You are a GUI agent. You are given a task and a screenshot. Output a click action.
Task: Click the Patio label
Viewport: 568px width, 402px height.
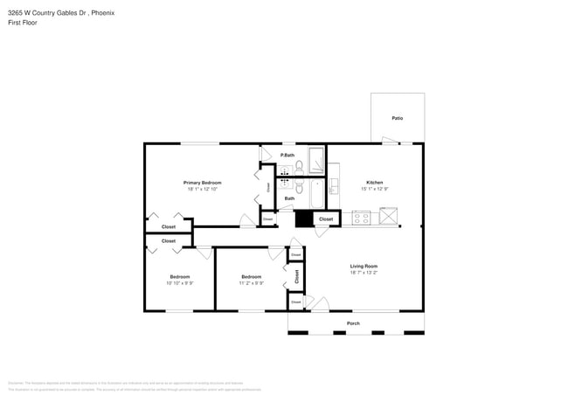[x=397, y=118]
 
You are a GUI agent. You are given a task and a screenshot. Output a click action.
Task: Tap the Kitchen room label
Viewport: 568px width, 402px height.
[x=374, y=183]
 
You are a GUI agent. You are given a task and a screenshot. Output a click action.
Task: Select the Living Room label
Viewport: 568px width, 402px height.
[x=364, y=266]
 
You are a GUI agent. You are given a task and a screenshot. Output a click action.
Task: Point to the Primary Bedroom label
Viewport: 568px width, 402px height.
[x=202, y=183]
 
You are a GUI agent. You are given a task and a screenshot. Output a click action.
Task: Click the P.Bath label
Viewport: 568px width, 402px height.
[x=287, y=155]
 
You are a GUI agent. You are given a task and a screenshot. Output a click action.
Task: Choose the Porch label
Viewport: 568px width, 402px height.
[x=353, y=323]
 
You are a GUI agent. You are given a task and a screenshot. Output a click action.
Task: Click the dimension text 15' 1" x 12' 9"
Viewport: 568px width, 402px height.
[x=374, y=189]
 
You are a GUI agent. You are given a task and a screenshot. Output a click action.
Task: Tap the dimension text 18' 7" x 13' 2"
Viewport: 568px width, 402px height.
[x=364, y=273]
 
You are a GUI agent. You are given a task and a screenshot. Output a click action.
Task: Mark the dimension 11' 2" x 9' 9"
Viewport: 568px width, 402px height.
[x=252, y=283]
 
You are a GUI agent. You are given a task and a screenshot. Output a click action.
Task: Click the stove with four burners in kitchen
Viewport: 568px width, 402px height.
[x=362, y=218]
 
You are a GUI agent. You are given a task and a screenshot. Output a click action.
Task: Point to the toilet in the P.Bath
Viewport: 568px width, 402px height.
[x=299, y=166]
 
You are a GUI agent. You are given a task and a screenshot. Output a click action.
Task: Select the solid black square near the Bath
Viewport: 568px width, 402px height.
[x=304, y=218]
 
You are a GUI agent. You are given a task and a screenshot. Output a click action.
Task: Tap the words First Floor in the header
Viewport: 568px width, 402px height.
[x=22, y=23]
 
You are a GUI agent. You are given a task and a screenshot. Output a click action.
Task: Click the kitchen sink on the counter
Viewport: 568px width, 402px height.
[x=334, y=186]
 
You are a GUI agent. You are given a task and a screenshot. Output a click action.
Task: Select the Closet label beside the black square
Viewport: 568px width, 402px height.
[x=326, y=219]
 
